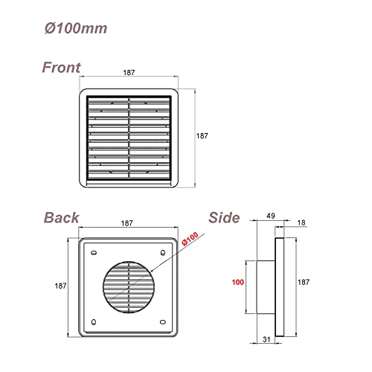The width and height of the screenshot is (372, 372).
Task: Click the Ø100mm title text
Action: click(x=74, y=28)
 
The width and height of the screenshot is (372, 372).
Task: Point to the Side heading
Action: click(x=224, y=218)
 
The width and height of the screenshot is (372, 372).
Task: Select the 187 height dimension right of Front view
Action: click(x=202, y=136)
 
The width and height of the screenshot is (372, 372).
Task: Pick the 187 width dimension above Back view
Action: click(x=127, y=222)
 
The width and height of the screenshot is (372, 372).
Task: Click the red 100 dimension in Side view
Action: click(x=237, y=283)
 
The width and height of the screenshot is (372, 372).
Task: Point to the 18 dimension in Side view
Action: click(x=300, y=222)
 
